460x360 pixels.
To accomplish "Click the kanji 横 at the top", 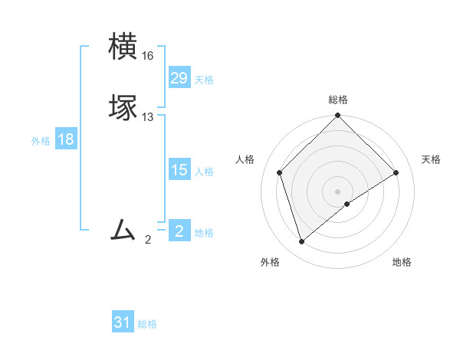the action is coord(124,47).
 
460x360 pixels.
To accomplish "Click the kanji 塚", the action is coord(124,108).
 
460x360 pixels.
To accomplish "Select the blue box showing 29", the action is coord(179,78).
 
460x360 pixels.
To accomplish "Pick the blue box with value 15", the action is coord(179,170).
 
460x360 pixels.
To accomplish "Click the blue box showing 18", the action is coord(65,139).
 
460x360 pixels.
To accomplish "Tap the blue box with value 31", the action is coord(123,322).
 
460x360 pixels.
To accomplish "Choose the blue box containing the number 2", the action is coord(179,231).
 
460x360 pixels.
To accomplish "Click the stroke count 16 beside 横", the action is coord(148,56).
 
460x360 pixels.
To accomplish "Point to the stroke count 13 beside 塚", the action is coord(148,117).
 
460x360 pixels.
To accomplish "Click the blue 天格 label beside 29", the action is coord(204,80).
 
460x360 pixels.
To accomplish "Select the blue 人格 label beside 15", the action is coord(204,172).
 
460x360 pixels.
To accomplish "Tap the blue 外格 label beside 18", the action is coord(41,141).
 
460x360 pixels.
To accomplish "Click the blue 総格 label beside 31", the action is coord(147,324).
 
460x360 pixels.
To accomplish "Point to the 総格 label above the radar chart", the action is coord(338,100).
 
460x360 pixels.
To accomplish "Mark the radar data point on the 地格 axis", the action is coord(347,204).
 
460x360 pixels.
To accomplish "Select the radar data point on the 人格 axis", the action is coord(280,172).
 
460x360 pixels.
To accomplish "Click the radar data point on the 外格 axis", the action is coord(302,242).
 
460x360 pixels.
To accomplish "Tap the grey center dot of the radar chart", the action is coord(338,191).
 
